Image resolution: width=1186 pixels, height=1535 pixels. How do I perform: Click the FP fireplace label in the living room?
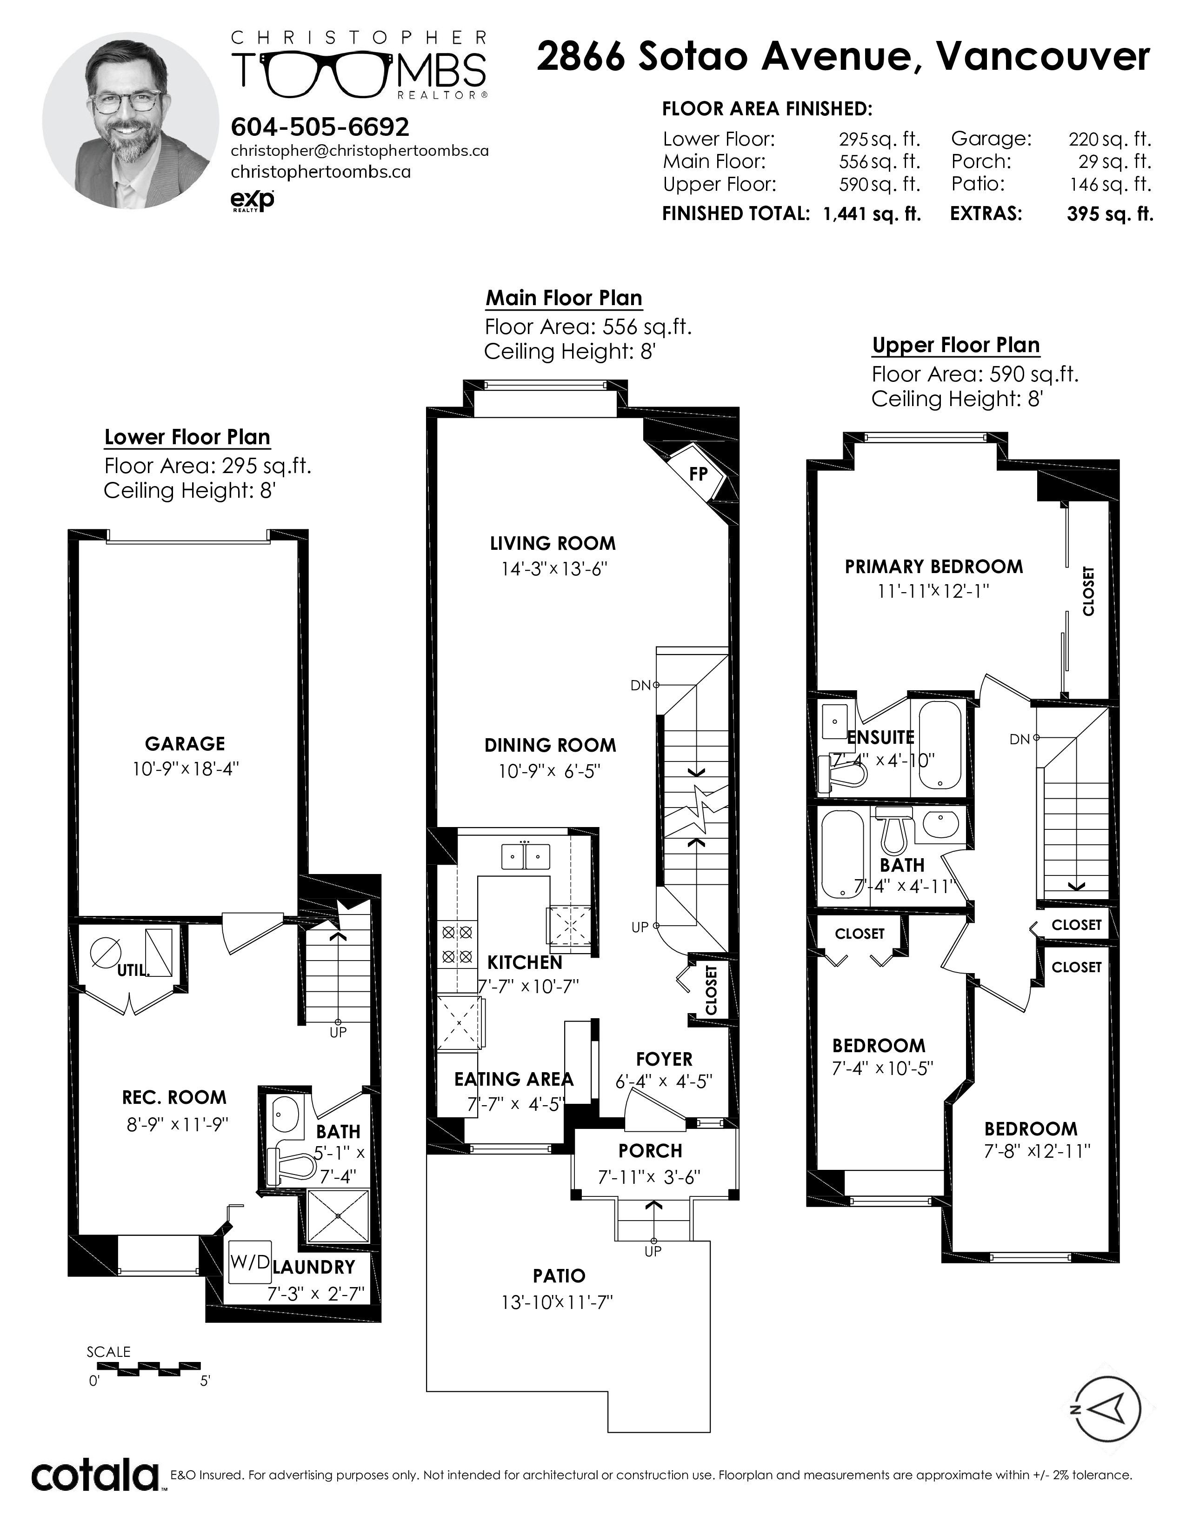[698, 474]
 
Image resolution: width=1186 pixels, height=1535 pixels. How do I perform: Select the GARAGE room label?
[185, 744]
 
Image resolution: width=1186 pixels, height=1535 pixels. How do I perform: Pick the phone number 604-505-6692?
[320, 127]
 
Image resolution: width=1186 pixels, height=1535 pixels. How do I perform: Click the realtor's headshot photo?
[131, 120]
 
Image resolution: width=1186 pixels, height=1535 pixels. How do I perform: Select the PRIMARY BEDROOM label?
[934, 567]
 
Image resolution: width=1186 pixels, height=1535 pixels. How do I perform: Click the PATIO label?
[559, 1275]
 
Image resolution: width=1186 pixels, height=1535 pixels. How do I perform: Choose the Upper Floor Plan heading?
[956, 345]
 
